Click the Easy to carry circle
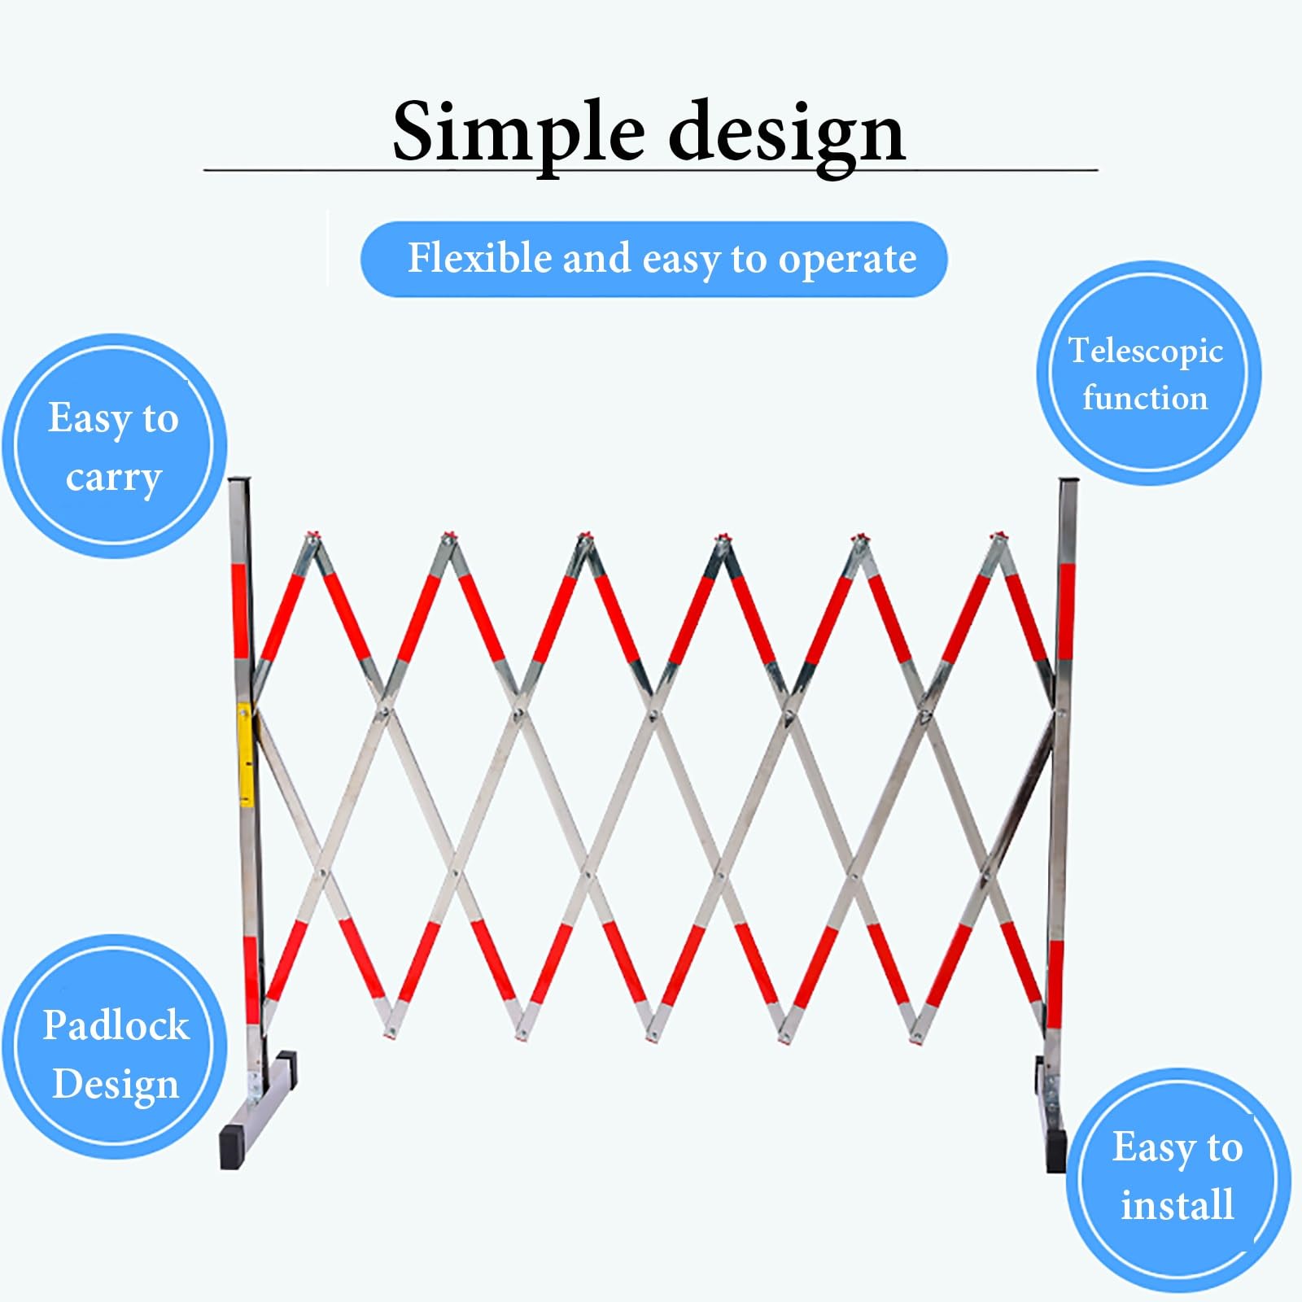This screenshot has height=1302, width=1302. pyautogui.click(x=114, y=446)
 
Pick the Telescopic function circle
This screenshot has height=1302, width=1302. pyautogui.click(x=1148, y=373)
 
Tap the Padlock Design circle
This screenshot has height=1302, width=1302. pyautogui.click(x=115, y=1046)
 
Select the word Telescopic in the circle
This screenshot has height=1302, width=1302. pyautogui.click(x=1146, y=352)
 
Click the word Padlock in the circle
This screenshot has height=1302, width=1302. pyautogui.click(x=116, y=1025)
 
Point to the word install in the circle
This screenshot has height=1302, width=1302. pyautogui.click(x=1177, y=1204)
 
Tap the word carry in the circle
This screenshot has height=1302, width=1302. pyautogui.click(x=114, y=478)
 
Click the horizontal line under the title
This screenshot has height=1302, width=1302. pyautogui.click(x=650, y=170)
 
